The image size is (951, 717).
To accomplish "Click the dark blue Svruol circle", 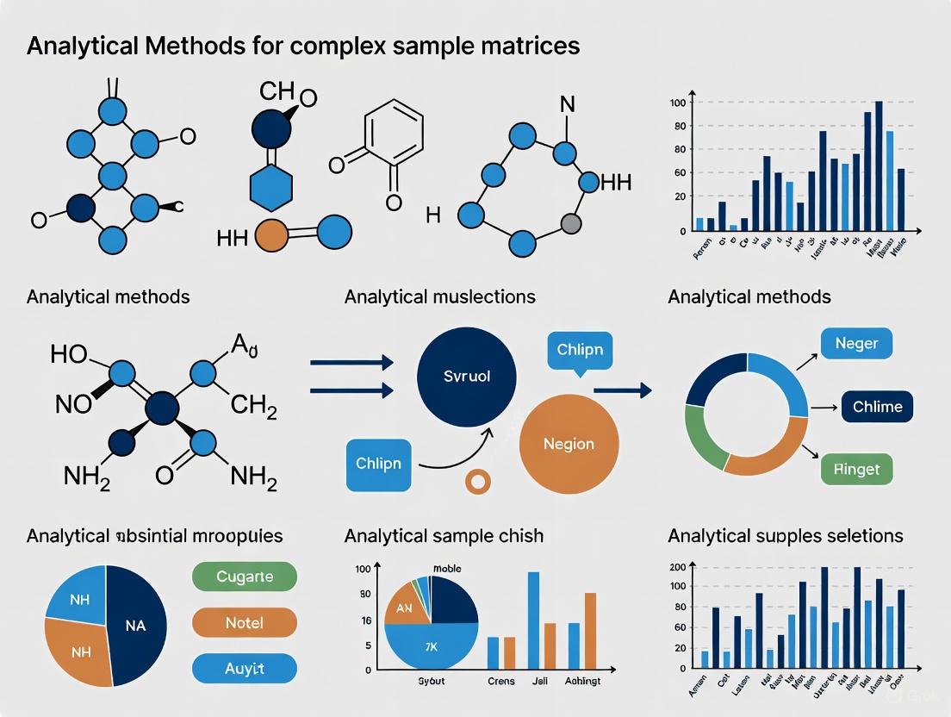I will click(466, 377).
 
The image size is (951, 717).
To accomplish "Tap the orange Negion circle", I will click(569, 444).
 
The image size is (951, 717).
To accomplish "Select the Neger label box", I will click(856, 343).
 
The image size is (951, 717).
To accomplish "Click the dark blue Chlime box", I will click(877, 406).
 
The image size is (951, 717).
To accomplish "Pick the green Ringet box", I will click(856, 470).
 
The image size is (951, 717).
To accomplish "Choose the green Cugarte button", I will click(245, 577).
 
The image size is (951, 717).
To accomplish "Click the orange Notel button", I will click(245, 622).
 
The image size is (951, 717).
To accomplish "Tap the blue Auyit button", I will click(245, 668).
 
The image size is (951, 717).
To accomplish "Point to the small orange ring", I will click(477, 482).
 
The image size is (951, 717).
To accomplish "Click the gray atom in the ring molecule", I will click(570, 224).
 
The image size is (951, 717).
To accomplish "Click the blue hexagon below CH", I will click(271, 186).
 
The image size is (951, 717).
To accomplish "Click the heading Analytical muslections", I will click(439, 297).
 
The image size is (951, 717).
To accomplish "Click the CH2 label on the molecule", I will click(254, 406).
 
